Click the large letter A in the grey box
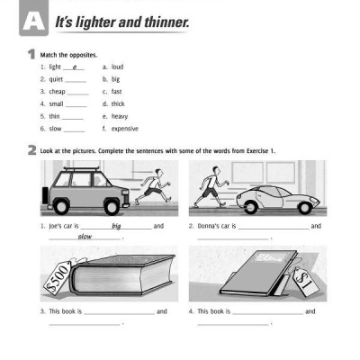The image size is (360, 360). (x=34, y=22)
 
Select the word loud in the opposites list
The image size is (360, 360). (x=117, y=67)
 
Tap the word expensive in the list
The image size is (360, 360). (x=125, y=129)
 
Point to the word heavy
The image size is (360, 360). (x=120, y=116)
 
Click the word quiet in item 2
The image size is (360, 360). (x=56, y=79)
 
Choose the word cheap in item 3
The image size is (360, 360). (x=57, y=92)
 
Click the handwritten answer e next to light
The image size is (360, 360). (x=75, y=67)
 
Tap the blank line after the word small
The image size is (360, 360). (x=76, y=106)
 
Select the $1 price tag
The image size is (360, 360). (x=306, y=282)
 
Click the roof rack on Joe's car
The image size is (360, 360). (x=81, y=169)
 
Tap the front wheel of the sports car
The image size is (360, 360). (x=305, y=207)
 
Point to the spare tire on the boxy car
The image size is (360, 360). (x=45, y=195)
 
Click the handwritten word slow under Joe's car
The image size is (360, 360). (x=85, y=237)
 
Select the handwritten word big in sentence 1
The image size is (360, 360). (x=116, y=226)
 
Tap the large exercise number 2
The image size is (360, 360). (x=31, y=150)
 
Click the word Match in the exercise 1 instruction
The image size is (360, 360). (x=49, y=55)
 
